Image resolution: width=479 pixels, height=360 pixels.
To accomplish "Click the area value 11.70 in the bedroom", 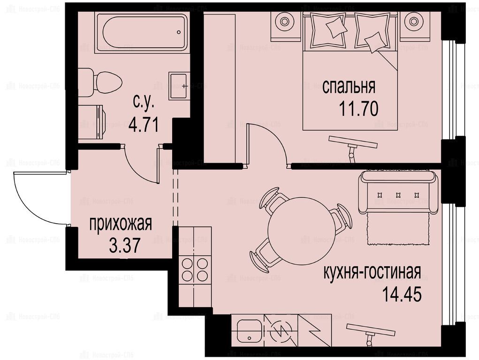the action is coord(358,108).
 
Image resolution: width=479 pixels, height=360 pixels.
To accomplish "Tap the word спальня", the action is coord(349,87).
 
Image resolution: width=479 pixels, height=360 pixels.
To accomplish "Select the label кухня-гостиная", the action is coord(373,272).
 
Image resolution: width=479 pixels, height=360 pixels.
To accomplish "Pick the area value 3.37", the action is coord(125,245).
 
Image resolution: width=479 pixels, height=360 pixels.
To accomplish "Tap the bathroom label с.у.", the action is coord(143,102).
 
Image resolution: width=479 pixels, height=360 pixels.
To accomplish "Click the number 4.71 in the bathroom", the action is coord(144,125).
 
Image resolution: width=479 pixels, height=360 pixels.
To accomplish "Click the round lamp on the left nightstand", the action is coord(285,22).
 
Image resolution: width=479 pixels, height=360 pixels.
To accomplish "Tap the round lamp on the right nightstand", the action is coord(413,22).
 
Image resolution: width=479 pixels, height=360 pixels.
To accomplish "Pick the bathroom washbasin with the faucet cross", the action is coord(180,86).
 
